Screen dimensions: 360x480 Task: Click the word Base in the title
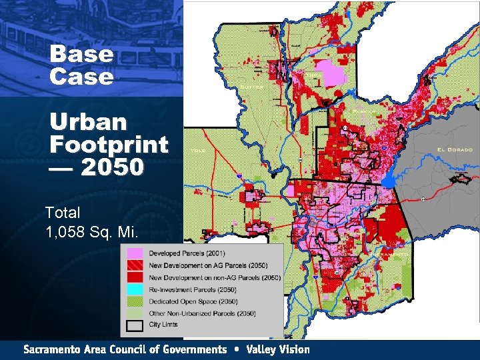click(x=81, y=54)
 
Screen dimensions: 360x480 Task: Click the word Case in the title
click(x=81, y=76)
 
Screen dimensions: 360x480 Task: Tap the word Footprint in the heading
click(x=109, y=144)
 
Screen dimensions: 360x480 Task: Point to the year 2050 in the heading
click(x=113, y=167)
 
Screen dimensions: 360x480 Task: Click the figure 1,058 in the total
click(x=68, y=233)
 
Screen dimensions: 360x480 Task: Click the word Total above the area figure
click(x=63, y=213)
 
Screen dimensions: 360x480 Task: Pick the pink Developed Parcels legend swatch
click(x=135, y=253)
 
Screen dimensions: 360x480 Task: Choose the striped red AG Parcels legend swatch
click(x=135, y=265)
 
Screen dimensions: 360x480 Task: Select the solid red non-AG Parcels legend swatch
click(x=135, y=277)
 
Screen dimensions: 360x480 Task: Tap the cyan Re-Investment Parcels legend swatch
click(x=135, y=289)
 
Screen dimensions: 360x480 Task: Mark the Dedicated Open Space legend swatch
click(x=135, y=301)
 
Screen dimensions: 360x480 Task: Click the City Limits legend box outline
click(x=135, y=325)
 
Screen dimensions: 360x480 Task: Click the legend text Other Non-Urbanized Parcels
click(x=197, y=313)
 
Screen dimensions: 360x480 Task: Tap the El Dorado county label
click(x=455, y=149)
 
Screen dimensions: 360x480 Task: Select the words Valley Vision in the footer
click(x=278, y=349)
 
